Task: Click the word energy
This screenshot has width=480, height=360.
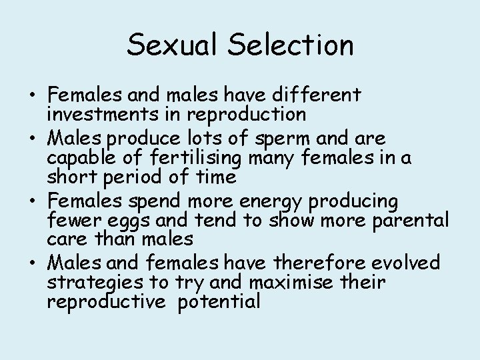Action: tap(289, 201)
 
